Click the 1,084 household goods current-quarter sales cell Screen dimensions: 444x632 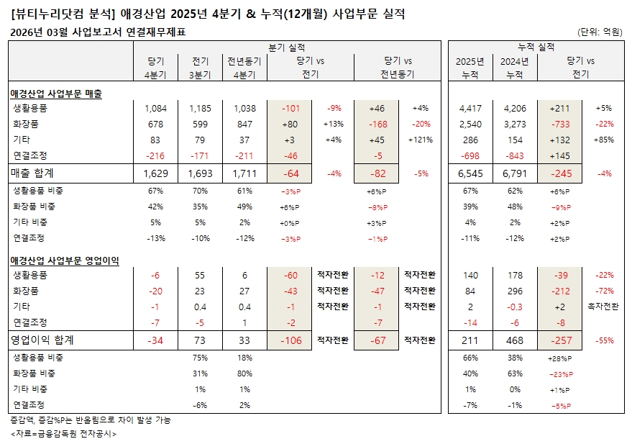tap(155, 109)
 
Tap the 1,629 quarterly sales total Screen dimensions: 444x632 tap(155, 173)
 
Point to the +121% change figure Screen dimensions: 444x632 tap(421, 140)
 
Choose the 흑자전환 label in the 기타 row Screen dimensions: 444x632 tap(604, 307)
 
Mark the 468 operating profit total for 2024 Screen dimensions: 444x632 tap(515, 340)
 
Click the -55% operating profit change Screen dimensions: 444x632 tap(604, 340)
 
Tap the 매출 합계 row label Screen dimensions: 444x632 tap(33, 173)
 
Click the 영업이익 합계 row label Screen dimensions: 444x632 tap(42, 340)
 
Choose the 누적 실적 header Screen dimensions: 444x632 tap(536, 47)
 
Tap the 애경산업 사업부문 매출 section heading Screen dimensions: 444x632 tap(56, 94)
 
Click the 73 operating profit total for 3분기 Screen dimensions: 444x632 tap(200, 340)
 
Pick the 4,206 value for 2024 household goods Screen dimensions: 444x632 tap(515, 109)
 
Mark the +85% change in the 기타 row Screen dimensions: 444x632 tap(604, 140)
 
